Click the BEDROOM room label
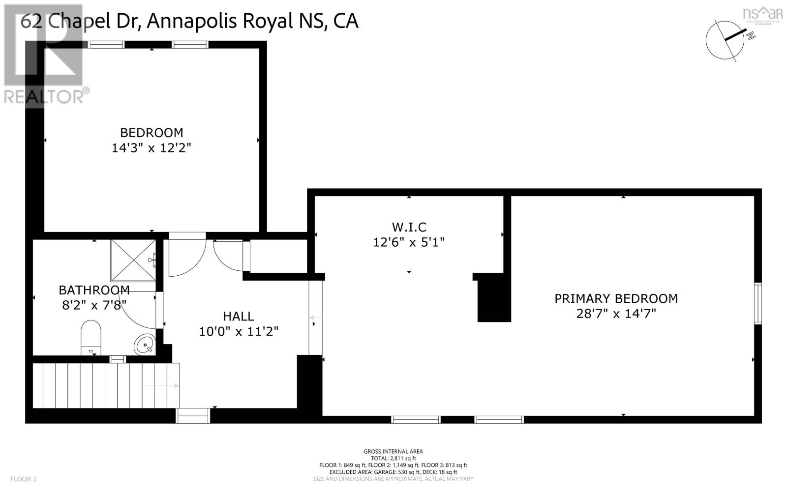[x=151, y=133]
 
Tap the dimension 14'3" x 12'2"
[x=151, y=148]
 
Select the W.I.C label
[x=409, y=227]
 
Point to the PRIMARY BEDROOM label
[x=616, y=298]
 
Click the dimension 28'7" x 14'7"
[x=616, y=314]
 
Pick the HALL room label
[x=239, y=317]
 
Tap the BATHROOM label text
[x=94, y=290]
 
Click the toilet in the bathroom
[x=91, y=337]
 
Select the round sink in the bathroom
[x=144, y=344]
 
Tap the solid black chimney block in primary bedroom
[x=494, y=298]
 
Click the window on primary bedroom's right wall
[x=758, y=303]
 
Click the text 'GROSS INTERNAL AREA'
[x=393, y=451]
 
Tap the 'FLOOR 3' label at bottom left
[x=23, y=479]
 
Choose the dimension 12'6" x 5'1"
[x=409, y=242]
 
